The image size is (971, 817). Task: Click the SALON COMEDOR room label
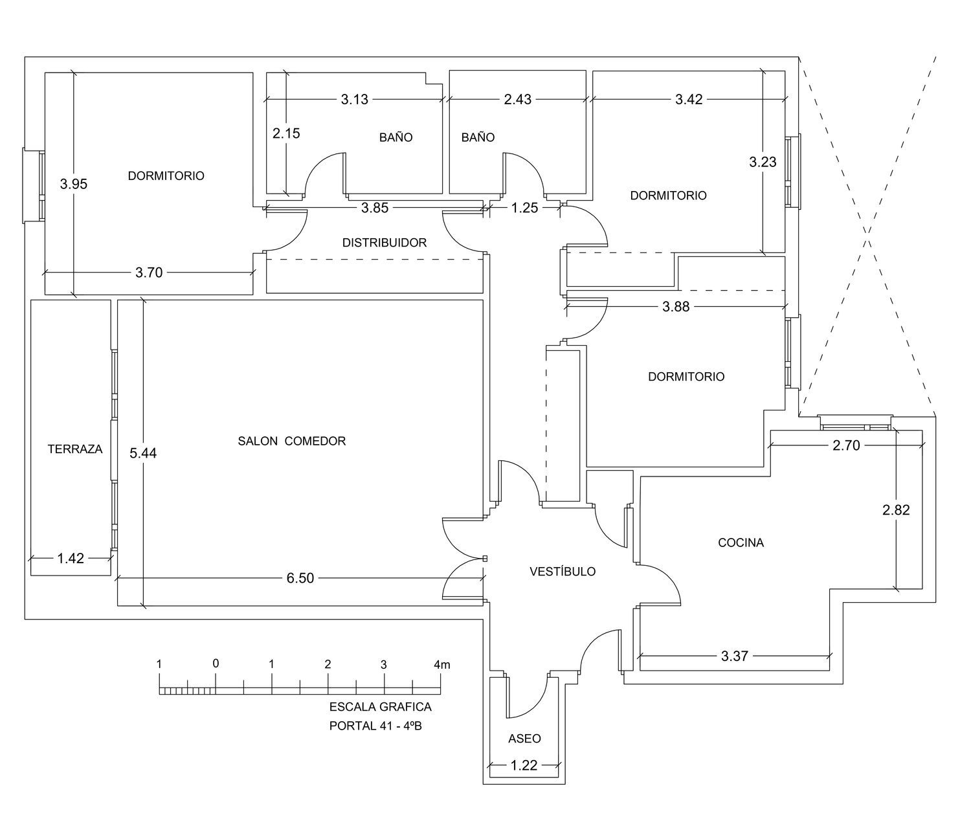coord(291,441)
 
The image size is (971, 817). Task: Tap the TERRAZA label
coord(75,449)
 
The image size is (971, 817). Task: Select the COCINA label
coord(741,543)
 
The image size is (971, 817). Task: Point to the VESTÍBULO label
coord(563,571)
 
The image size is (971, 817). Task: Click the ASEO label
coord(524,738)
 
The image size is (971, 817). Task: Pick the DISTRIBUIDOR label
coord(385,242)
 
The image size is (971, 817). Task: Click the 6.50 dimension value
coord(300,578)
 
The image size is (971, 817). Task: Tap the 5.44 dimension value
coord(143,453)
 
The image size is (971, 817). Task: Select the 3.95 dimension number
coord(74,184)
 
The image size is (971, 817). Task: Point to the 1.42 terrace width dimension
coord(71,558)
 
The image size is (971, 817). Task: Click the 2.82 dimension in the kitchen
coord(896,509)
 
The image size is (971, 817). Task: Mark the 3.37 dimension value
coord(735,656)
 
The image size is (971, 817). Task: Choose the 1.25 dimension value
coord(524,208)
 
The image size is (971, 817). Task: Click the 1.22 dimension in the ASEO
coord(524,765)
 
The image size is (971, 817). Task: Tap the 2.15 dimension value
coord(287,133)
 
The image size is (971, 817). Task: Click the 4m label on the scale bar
coord(442,664)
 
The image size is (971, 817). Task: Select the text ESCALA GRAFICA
coord(381,707)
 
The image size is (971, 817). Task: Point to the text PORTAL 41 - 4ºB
coord(375,726)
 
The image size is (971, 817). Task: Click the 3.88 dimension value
coord(676,306)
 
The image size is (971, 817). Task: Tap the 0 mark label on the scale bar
coord(216,664)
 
